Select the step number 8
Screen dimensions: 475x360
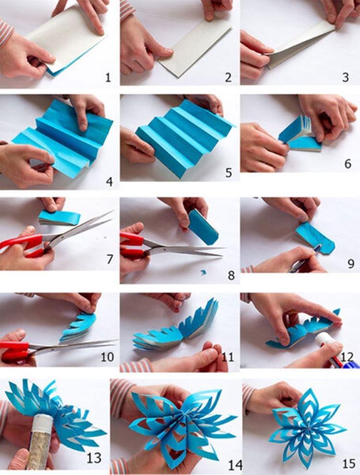tap(231, 276)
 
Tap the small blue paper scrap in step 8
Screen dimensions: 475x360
tap(204, 272)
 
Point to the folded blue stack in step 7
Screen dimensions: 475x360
tap(59, 218)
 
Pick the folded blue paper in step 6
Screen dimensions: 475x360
tap(300, 134)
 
